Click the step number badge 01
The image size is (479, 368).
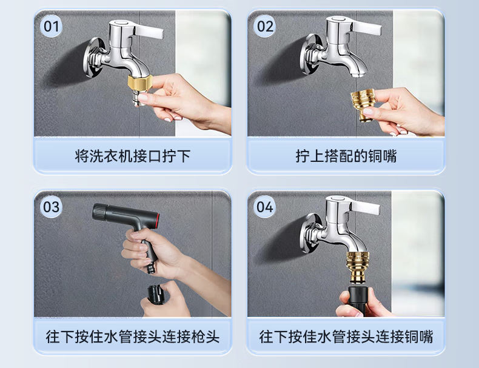pos(51,26)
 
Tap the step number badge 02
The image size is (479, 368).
pos(265,26)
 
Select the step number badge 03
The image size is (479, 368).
pos(51,207)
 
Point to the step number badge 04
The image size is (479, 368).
pos(264,207)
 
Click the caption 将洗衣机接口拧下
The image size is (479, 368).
pos(133,156)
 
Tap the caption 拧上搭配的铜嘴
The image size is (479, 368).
pos(346,156)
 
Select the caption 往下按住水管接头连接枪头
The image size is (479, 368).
pos(133,336)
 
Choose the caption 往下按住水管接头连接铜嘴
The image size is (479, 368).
pos(346,336)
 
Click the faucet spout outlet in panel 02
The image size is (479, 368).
pos(354,74)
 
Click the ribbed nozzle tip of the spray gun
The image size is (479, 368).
pos(99,211)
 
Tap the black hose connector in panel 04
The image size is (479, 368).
pos(358,301)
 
